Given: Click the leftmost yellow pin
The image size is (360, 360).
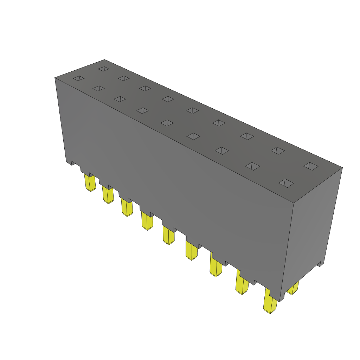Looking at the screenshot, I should (90, 183).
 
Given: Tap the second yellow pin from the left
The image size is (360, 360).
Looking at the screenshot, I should (108, 195).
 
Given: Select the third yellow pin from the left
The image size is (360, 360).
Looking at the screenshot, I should (127, 207).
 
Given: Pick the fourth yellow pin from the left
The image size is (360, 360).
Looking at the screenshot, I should (147, 221).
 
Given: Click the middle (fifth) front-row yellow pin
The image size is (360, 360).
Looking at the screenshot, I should (168, 236).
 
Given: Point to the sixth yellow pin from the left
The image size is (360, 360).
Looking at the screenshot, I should (192, 251).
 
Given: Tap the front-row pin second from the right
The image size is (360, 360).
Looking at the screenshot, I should (242, 285).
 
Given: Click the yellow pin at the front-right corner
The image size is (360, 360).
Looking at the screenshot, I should (270, 304).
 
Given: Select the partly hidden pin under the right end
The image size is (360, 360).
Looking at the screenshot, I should (293, 288).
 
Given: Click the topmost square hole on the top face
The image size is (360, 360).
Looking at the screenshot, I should (104, 69).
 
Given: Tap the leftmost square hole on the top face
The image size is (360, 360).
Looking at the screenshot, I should (78, 78).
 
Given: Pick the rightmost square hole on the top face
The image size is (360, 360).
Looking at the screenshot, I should (311, 166).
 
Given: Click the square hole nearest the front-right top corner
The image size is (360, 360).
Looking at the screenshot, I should (286, 183).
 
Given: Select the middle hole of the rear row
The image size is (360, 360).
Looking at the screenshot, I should (193, 111).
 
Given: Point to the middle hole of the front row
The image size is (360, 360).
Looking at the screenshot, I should (167, 123).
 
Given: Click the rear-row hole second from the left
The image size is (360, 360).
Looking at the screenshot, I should (124, 78).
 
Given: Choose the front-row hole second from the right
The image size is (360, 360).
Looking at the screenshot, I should (253, 166).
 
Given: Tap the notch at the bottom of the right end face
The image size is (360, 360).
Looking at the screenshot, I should (320, 264).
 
